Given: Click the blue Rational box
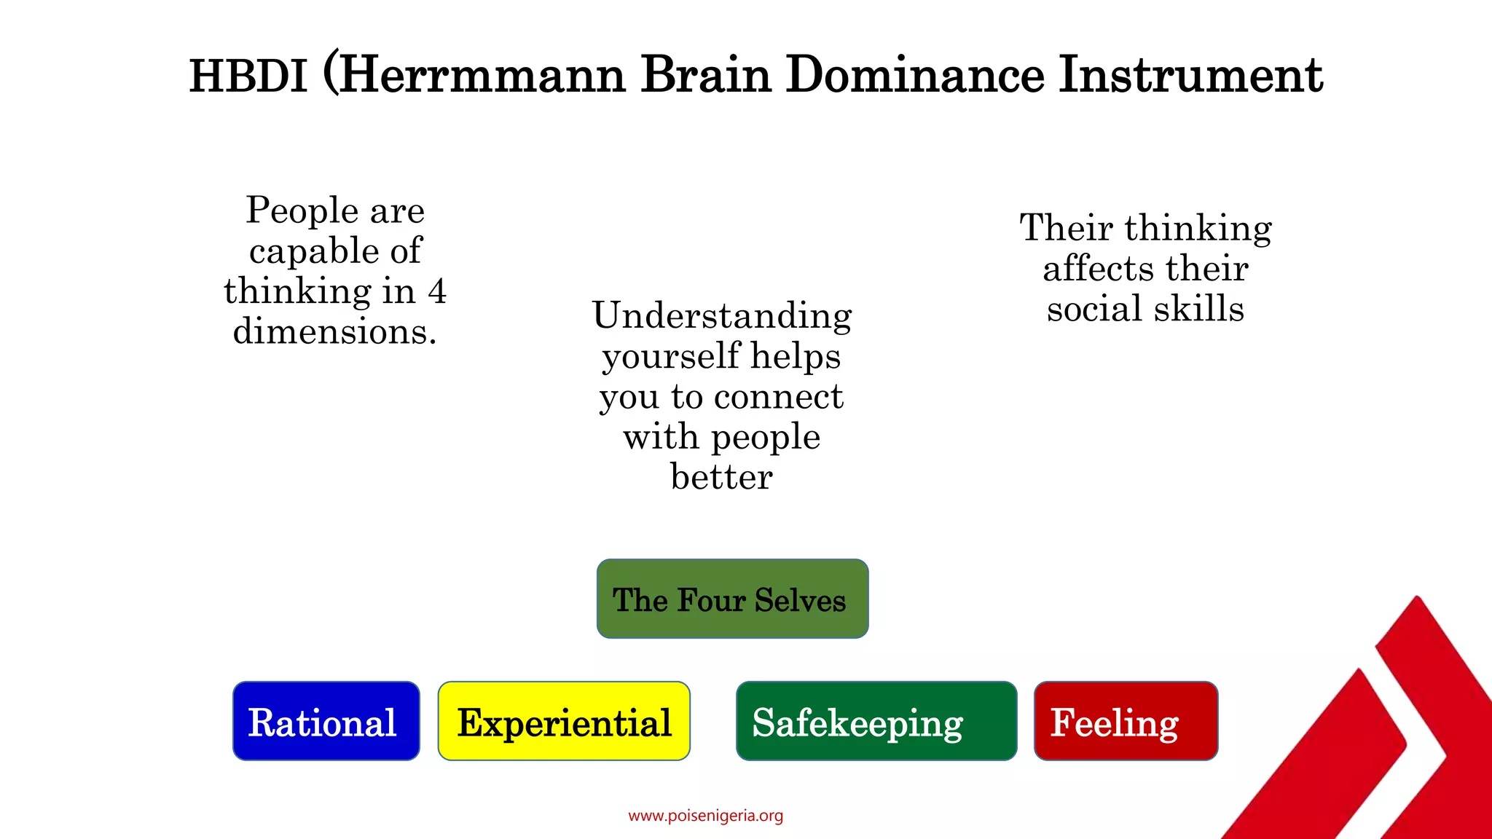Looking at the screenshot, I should click(x=326, y=721).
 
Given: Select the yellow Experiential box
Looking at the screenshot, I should click(x=564, y=721).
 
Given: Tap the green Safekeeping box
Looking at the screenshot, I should click(x=876, y=721).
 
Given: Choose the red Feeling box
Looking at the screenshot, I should click(x=1126, y=721).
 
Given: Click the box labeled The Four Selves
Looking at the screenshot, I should click(x=732, y=599).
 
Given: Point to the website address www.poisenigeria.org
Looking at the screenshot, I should click(x=705, y=816).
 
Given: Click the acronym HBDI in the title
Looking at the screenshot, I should click(x=248, y=76).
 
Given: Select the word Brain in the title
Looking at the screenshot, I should click(x=705, y=76).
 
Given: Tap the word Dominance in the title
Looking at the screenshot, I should click(x=914, y=76).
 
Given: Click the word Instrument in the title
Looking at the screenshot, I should click(x=1190, y=76).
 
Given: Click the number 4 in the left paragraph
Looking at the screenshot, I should click(x=436, y=291).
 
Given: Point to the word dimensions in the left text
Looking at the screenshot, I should click(x=334, y=332).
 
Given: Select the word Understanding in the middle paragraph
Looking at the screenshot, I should click(x=721, y=316).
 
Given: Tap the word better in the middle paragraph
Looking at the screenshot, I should click(x=721, y=477).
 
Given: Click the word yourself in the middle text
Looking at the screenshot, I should click(x=670, y=357).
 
